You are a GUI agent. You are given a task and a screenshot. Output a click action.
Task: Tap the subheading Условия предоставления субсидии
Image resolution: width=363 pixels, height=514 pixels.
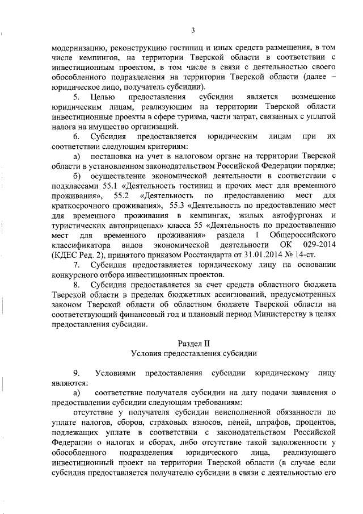coord(193,353)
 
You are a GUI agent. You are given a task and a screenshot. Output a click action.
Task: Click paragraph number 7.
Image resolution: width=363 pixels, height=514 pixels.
coord(77,265)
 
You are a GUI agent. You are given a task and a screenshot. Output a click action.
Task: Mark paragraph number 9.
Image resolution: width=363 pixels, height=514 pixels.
coord(77,373)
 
